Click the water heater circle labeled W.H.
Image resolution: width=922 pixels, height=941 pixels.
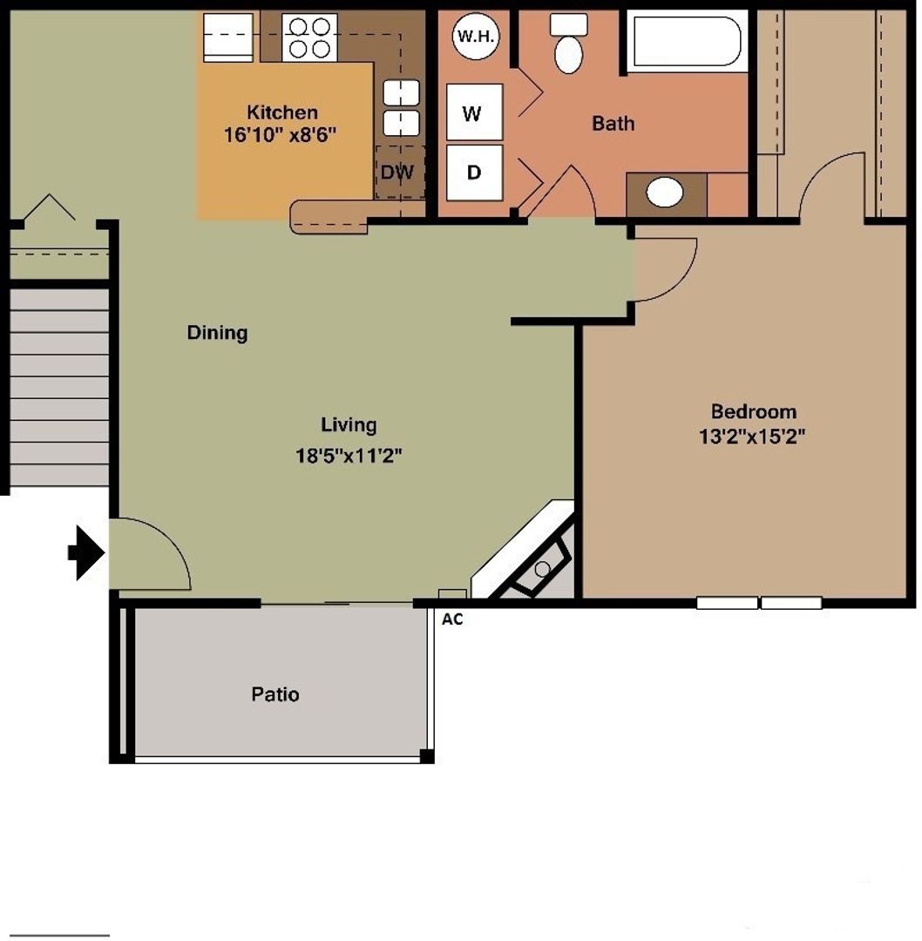(474, 37)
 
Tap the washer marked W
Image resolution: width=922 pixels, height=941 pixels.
(474, 112)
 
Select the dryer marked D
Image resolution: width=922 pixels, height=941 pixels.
(474, 173)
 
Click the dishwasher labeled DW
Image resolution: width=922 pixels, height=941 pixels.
(398, 172)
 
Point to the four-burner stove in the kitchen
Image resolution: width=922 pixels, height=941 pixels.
(309, 37)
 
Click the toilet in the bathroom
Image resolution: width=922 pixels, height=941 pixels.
(568, 45)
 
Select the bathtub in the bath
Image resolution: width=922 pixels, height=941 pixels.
(686, 41)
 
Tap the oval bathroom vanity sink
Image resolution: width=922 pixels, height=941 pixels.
(665, 193)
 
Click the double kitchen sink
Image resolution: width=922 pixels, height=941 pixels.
(401, 107)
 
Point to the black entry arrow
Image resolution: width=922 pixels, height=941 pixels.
(85, 552)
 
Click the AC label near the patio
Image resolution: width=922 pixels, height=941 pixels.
(452, 619)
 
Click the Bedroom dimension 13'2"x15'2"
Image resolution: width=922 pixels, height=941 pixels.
(751, 437)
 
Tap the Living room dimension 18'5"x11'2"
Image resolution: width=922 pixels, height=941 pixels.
(348, 454)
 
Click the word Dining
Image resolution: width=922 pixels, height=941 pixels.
(217, 333)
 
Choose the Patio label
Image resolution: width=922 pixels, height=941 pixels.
(275, 694)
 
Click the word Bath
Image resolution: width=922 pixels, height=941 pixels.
(613, 124)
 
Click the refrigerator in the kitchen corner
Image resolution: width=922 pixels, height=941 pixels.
(228, 37)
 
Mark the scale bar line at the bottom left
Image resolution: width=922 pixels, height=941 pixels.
(59, 936)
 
